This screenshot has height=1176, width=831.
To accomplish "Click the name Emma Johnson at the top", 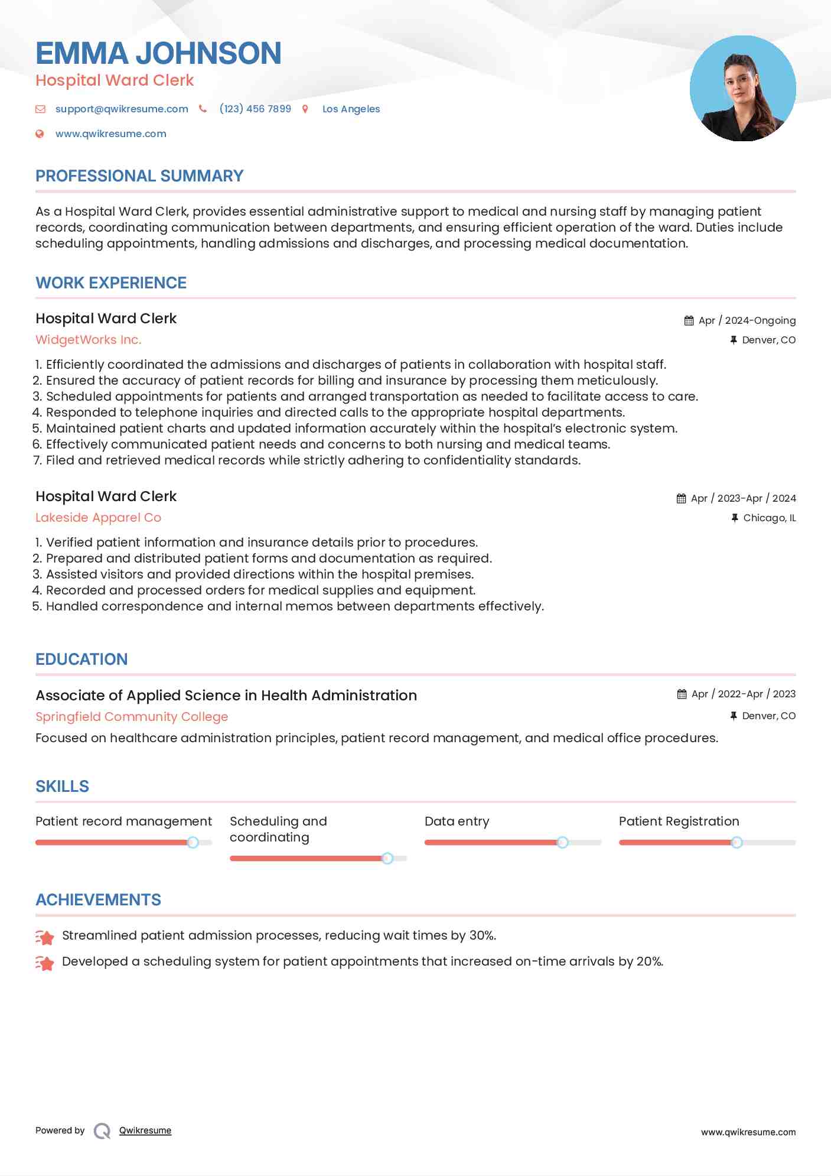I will (158, 53).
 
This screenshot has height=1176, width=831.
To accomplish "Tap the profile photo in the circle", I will (742, 89).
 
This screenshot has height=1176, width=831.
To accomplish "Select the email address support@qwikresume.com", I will (122, 109).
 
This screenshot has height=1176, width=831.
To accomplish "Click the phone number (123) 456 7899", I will (255, 109).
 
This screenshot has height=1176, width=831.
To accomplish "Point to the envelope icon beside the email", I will (40, 109).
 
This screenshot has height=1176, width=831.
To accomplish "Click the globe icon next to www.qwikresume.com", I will (40, 134).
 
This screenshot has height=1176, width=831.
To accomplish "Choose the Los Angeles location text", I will (351, 109).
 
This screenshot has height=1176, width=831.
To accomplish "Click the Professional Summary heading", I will (139, 176).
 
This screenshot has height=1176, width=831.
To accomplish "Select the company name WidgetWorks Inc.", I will (89, 340).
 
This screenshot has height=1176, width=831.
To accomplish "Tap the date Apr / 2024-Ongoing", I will (747, 320).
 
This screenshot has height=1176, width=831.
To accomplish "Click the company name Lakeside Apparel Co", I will (98, 518).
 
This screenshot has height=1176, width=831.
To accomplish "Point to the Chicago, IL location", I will (769, 518).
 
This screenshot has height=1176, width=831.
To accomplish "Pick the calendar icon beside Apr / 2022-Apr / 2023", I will (682, 694).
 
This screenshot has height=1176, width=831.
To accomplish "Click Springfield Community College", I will (132, 716).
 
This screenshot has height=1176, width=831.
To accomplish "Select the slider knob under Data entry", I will (563, 842).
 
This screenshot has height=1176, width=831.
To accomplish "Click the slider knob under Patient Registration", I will (737, 842).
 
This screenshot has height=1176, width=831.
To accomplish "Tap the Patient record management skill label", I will (123, 821).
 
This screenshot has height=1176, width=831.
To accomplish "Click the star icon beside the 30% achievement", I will (45, 937).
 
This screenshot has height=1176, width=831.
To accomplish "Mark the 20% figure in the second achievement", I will (649, 961).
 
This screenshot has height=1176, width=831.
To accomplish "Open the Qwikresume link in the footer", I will (145, 1130).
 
